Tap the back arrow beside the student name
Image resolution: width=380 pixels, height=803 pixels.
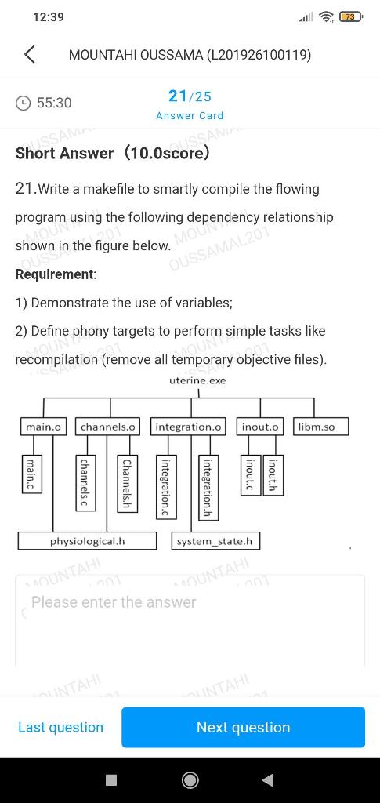tap(30, 55)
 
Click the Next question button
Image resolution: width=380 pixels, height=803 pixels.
tap(243, 727)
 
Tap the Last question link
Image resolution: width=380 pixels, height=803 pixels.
tap(60, 727)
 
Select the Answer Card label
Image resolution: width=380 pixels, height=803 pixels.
tap(190, 115)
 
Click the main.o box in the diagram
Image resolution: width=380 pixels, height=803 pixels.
tap(43, 427)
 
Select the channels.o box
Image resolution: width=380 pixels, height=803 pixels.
tap(108, 427)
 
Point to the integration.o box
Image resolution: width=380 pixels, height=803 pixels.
tap(188, 427)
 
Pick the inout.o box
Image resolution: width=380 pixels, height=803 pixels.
tap(260, 427)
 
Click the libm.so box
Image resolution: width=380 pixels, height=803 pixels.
tap(321, 427)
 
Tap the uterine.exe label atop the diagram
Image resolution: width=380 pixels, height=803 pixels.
tap(197, 380)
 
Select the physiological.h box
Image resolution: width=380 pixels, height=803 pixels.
tap(87, 541)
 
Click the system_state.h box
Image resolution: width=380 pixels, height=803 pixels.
tap(215, 541)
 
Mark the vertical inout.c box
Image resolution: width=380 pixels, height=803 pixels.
tap(250, 474)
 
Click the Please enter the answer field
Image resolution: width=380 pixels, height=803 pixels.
tap(190, 620)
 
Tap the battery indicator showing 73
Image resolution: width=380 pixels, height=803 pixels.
tap(349, 16)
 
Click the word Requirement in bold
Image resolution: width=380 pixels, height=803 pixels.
tap(55, 274)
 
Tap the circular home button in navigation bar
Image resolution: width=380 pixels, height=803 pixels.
tap(190, 779)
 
